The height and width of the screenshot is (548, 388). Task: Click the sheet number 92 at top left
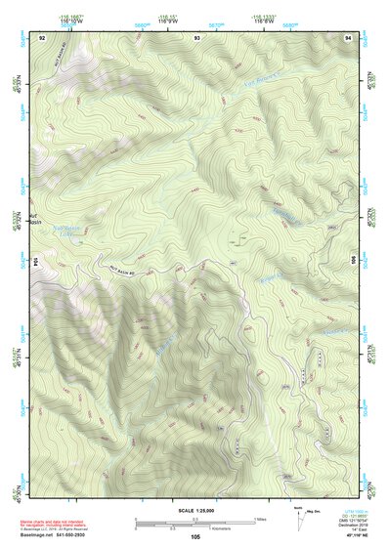coord(42,37)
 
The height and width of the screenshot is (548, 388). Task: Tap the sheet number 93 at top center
coord(196,37)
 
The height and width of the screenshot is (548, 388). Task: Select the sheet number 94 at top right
coord(349,37)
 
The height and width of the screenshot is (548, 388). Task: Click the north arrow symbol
coord(300,519)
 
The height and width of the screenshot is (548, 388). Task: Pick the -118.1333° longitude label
coord(264,16)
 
